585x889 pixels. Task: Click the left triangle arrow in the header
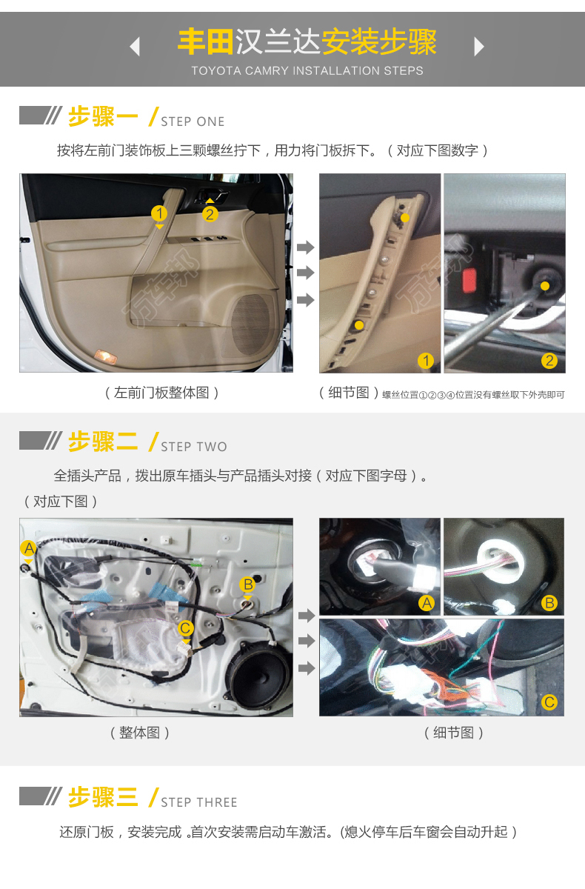click(136, 47)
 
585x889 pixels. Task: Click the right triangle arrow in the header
click(478, 47)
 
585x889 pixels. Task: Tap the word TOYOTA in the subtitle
click(216, 70)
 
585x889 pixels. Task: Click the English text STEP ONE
click(193, 121)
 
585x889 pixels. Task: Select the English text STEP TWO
click(194, 447)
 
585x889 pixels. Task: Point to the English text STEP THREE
click(199, 802)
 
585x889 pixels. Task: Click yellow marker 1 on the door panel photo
click(159, 213)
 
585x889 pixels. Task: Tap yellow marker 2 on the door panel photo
click(210, 214)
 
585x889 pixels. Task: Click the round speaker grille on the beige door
click(251, 324)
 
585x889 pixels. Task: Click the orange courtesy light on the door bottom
click(106, 356)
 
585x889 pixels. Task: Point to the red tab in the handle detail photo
click(469, 280)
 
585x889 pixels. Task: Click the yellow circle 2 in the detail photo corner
click(549, 361)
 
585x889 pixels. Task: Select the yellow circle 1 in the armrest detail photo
click(426, 361)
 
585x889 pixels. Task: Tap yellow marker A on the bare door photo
click(29, 548)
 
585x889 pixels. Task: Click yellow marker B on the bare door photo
click(248, 585)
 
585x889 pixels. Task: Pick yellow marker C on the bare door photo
click(185, 628)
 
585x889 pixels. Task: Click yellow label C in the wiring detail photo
click(549, 702)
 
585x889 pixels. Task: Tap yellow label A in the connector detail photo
click(427, 603)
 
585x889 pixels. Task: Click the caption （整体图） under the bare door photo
click(140, 733)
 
